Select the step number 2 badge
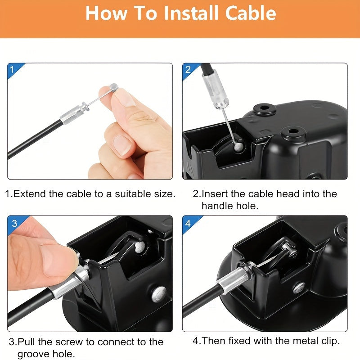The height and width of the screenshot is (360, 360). (x=188, y=70)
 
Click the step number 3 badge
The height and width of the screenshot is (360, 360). (x=14, y=223)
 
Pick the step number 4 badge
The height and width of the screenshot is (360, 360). (x=188, y=223)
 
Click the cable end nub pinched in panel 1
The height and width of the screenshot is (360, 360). (x=114, y=86)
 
